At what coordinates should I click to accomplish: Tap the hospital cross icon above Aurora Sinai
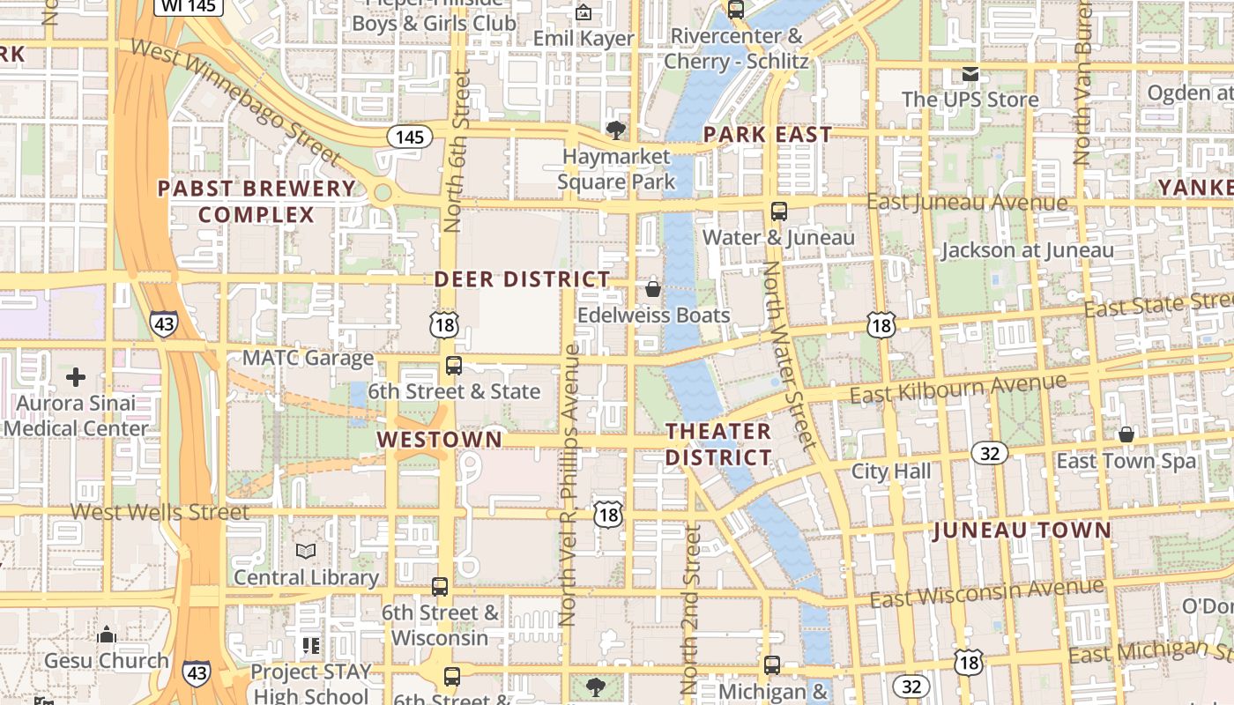pyautogui.click(x=76, y=377)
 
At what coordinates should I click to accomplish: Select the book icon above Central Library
pyautogui.click(x=306, y=551)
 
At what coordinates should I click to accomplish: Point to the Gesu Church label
pyautogui.click(x=107, y=660)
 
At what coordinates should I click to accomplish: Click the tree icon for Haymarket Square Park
pyautogui.click(x=616, y=130)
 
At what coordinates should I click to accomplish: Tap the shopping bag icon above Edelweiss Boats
pyautogui.click(x=653, y=288)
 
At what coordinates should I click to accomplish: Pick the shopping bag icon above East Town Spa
pyautogui.click(x=1126, y=434)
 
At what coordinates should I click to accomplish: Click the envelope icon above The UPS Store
pyautogui.click(x=970, y=73)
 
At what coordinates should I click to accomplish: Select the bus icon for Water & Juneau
pyautogui.click(x=779, y=211)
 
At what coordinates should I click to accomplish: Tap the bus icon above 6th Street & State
pyautogui.click(x=454, y=365)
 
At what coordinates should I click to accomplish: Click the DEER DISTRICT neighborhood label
pyautogui.click(x=522, y=279)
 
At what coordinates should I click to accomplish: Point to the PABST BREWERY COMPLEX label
pyautogui.click(x=256, y=202)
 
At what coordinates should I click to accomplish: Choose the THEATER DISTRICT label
pyautogui.click(x=718, y=444)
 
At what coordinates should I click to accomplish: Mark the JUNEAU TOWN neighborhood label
pyautogui.click(x=1022, y=531)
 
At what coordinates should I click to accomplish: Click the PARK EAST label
pyautogui.click(x=767, y=135)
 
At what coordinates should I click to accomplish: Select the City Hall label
pyautogui.click(x=890, y=471)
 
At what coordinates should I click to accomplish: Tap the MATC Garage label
pyautogui.click(x=308, y=358)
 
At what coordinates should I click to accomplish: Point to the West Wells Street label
pyautogui.click(x=160, y=511)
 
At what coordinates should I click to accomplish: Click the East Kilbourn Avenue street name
pyautogui.click(x=958, y=389)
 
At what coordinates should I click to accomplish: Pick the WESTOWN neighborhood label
pyautogui.click(x=440, y=439)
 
